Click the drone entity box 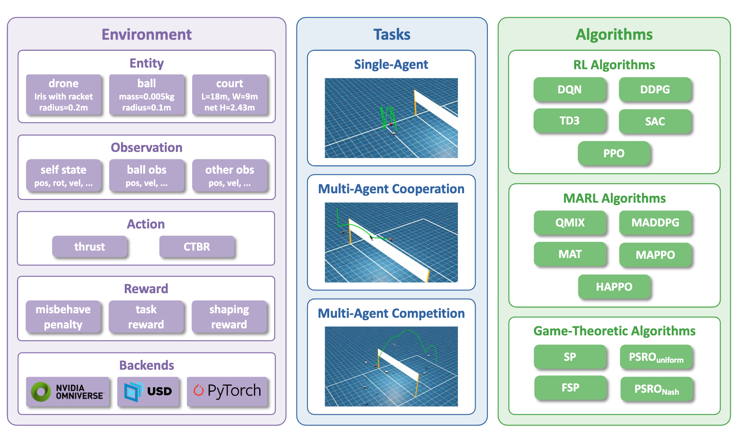[63, 95]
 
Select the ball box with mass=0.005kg [146, 95]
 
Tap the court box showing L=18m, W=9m [229, 95]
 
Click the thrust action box [90, 246]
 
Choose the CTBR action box [197, 246]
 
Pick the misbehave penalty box [63, 316]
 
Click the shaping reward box [229, 316]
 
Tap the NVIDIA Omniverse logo [68, 391]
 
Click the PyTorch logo [227, 391]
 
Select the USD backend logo [148, 391]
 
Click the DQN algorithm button [569, 89]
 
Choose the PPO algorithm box [613, 153]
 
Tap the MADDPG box [655, 222]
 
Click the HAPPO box [614, 287]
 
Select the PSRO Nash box [656, 389]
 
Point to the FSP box [570, 387]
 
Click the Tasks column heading [391, 34]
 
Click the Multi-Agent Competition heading [391, 313]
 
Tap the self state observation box [63, 175]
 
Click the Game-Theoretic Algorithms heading [614, 331]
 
